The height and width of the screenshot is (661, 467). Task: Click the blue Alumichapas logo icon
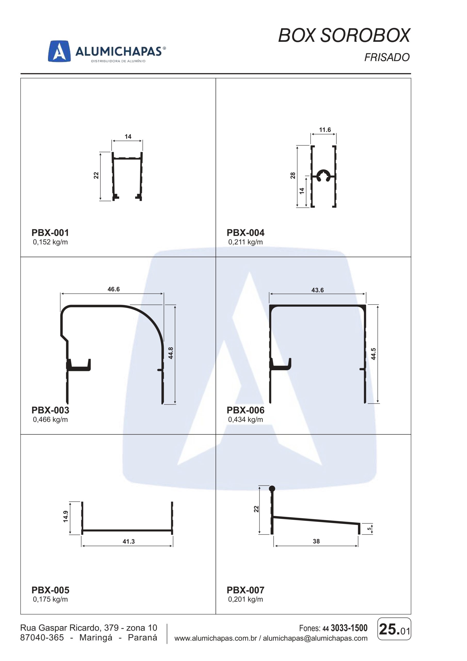59,51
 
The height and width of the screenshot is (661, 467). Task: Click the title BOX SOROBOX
344,36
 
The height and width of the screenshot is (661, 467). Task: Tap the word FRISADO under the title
387,57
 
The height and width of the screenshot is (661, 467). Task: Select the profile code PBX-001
50,232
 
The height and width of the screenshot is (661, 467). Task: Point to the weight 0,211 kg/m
245,242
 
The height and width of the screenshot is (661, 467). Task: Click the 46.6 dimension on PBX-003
113,289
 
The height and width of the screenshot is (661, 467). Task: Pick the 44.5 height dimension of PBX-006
373,354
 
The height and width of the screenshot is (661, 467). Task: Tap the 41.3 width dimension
128,541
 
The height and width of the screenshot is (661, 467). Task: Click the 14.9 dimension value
65,516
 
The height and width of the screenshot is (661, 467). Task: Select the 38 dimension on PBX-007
316,541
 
